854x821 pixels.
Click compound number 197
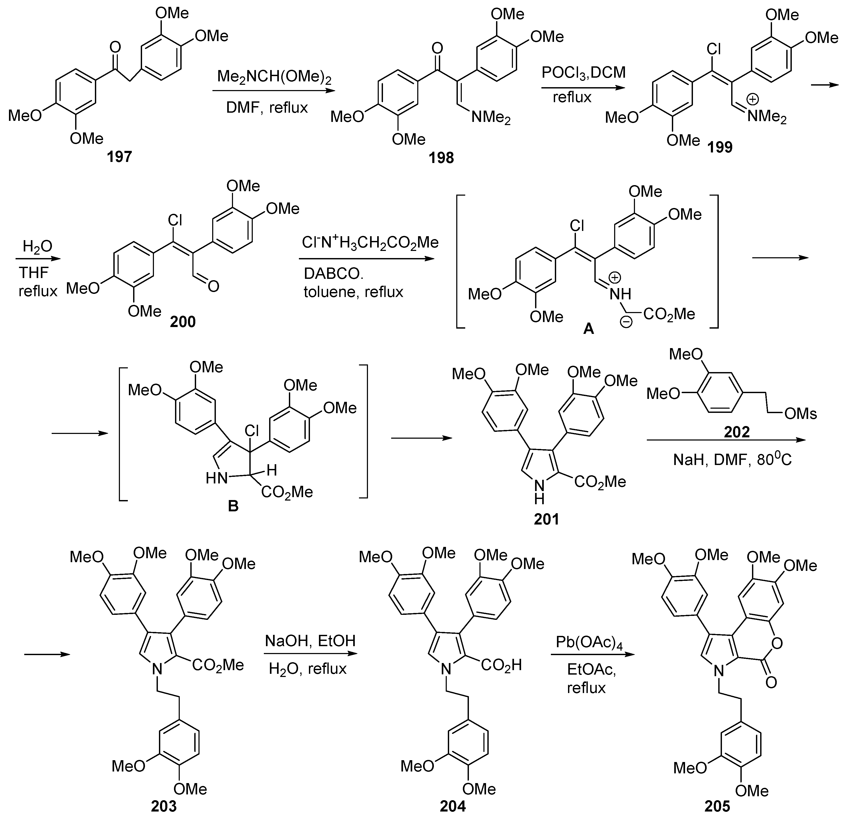point(119,156)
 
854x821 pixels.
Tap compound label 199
point(720,147)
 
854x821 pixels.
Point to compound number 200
point(183,322)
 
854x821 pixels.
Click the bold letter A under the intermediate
point(588,329)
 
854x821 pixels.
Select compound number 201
point(546,519)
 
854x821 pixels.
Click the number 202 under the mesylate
point(737,432)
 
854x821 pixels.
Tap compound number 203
point(164,806)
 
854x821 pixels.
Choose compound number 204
point(453,806)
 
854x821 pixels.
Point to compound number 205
point(717,806)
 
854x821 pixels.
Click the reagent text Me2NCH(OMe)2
point(274,77)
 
